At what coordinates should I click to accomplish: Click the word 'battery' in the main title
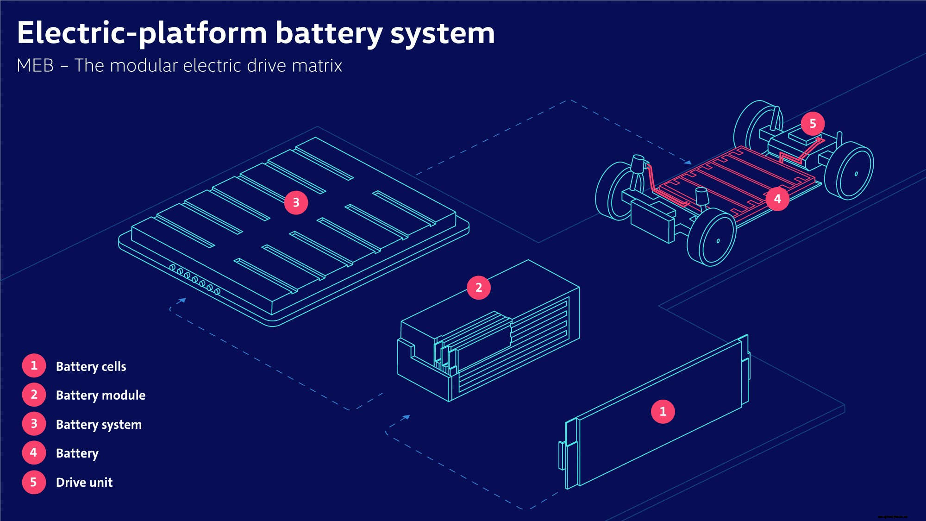pyautogui.click(x=329, y=33)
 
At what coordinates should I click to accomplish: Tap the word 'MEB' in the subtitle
pyautogui.click(x=35, y=66)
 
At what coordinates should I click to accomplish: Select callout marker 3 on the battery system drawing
pyautogui.click(x=296, y=202)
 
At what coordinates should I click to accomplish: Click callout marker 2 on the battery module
pyautogui.click(x=479, y=288)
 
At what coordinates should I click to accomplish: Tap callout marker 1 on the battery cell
pyautogui.click(x=663, y=411)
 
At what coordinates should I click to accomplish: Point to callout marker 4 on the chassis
pyautogui.click(x=777, y=199)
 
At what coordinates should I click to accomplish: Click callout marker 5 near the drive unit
pyautogui.click(x=813, y=124)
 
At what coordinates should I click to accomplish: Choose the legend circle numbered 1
pyautogui.click(x=34, y=365)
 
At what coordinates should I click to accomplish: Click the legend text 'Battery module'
pyautogui.click(x=100, y=395)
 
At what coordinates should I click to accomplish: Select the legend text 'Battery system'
pyautogui.click(x=99, y=424)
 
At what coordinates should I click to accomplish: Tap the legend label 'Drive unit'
pyautogui.click(x=84, y=482)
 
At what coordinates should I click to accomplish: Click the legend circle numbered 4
pyautogui.click(x=34, y=452)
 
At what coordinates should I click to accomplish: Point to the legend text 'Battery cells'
pyautogui.click(x=91, y=366)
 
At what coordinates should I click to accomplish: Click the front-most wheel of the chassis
pyautogui.click(x=712, y=237)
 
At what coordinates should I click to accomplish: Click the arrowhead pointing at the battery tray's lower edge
pyautogui.click(x=182, y=301)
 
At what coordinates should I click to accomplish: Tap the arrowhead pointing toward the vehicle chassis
pyautogui.click(x=688, y=163)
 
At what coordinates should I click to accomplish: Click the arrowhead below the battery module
pyautogui.click(x=406, y=417)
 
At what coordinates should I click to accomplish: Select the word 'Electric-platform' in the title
pyautogui.click(x=142, y=33)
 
